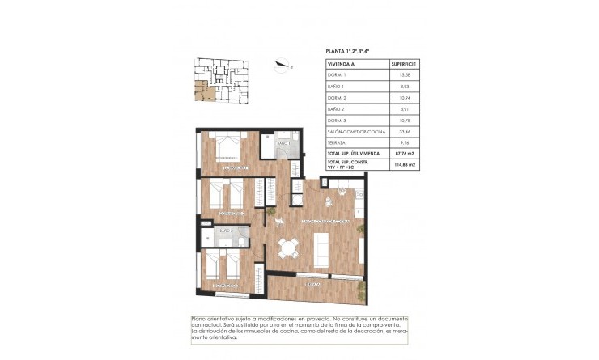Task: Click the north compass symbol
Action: [x=281, y=67]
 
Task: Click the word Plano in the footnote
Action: [x=199, y=318]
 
